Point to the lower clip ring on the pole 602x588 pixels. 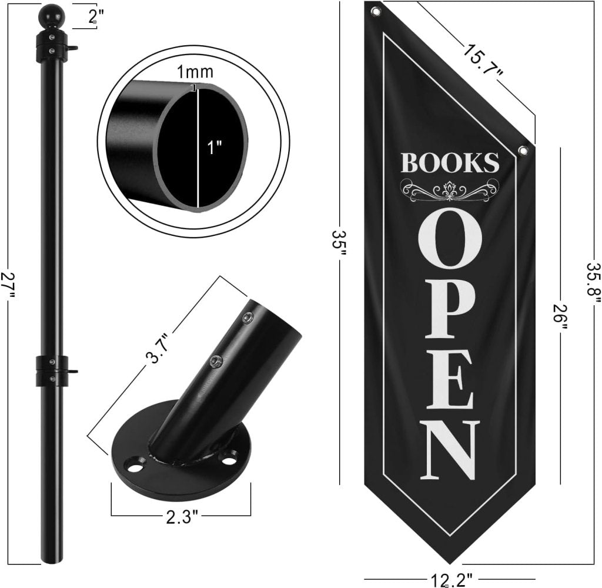[52, 370]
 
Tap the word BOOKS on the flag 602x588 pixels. [450, 162]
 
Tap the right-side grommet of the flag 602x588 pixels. [523, 151]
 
